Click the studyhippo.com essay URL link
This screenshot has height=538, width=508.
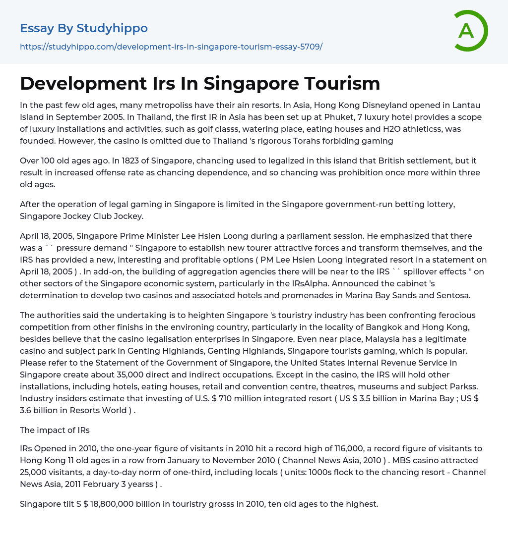click(x=171, y=47)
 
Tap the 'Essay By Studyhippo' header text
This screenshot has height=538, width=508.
click(x=84, y=28)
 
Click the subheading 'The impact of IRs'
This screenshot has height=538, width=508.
click(x=55, y=430)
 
